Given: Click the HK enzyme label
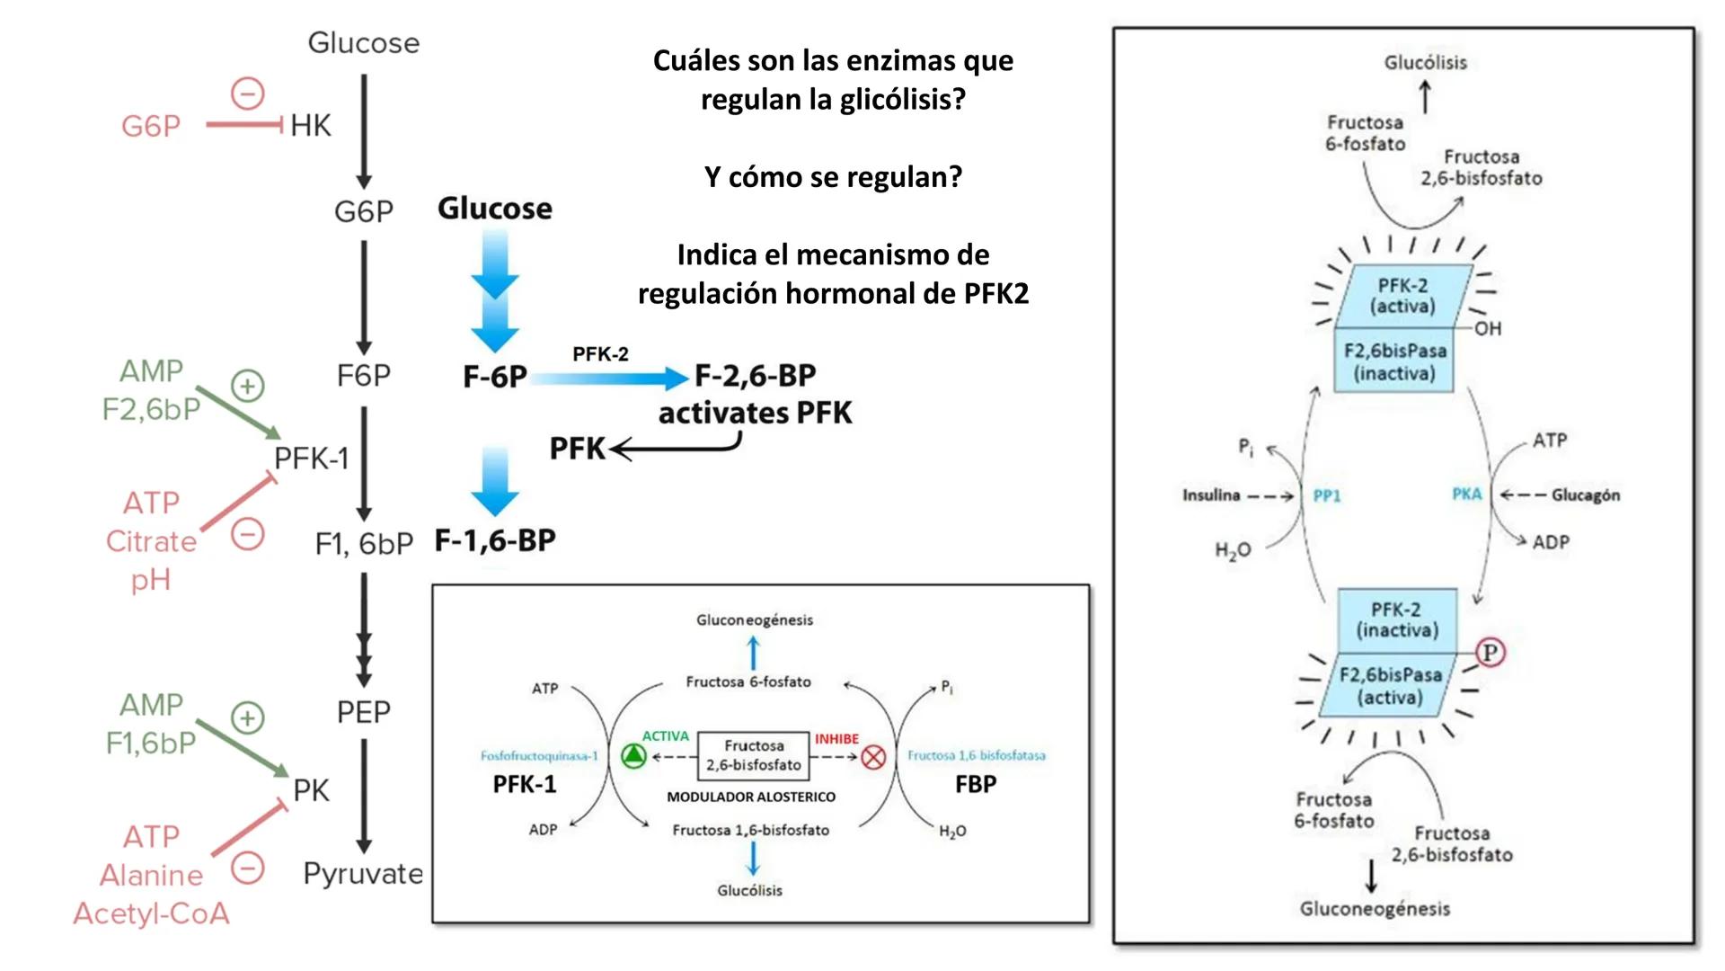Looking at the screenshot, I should click(311, 126).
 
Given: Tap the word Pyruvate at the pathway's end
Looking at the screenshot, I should click(363, 873).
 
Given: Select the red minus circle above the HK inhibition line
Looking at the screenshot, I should click(248, 93).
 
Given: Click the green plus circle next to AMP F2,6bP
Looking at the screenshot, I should click(248, 386).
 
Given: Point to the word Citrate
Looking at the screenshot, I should click(151, 541).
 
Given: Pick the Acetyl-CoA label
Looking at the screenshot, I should click(151, 913).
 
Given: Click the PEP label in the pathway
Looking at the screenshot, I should click(363, 712).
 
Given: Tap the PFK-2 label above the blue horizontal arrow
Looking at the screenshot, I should click(600, 354).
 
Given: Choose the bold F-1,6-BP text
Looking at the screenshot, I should click(495, 540).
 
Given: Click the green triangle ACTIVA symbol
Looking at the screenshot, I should click(633, 756).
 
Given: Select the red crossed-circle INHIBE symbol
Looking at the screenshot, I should click(873, 757).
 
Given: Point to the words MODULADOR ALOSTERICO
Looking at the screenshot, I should click(751, 797).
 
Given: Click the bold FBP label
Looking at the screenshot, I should click(976, 784).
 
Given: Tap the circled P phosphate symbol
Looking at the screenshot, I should click(1491, 652).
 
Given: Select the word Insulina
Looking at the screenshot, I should click(1211, 495).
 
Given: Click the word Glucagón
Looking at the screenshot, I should click(1586, 495).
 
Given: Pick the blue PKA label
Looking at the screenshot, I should click(1466, 494).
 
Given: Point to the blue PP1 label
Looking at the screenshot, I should click(1327, 495).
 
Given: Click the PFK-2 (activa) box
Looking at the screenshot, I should click(1402, 296).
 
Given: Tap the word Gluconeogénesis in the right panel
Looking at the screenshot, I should click(1375, 909).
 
